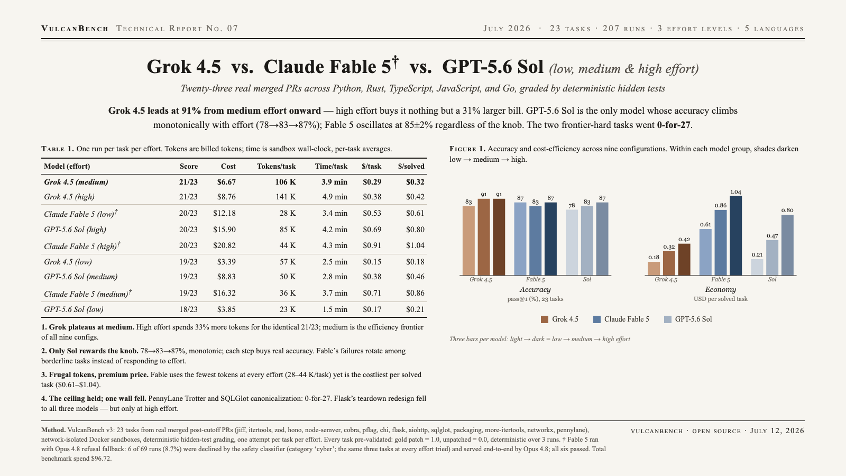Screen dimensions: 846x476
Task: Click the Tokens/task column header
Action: click(x=276, y=166)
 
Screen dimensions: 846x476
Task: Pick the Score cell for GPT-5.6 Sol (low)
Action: click(x=188, y=309)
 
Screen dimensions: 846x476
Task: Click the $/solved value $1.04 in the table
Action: click(x=415, y=245)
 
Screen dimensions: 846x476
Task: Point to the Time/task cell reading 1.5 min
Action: click(x=335, y=309)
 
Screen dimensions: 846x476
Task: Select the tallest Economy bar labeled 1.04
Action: click(x=735, y=236)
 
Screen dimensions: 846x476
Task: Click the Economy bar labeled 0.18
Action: click(x=654, y=269)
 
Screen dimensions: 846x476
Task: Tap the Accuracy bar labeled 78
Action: click(x=572, y=243)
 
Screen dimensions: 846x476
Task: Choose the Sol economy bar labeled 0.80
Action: click(x=787, y=245)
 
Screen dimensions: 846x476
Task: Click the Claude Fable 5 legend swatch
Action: click(x=597, y=319)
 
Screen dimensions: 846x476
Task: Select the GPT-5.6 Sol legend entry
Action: click(x=688, y=319)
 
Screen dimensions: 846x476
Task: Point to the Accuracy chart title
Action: click(x=535, y=289)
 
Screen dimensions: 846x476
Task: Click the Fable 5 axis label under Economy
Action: click(x=721, y=280)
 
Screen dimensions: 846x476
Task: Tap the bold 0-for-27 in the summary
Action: click(x=674, y=125)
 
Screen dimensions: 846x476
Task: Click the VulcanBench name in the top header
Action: click(x=75, y=29)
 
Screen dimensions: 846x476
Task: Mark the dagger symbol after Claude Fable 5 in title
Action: click(x=395, y=62)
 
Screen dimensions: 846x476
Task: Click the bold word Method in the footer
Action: click(x=53, y=430)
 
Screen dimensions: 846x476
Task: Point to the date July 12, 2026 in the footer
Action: click(x=777, y=431)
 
